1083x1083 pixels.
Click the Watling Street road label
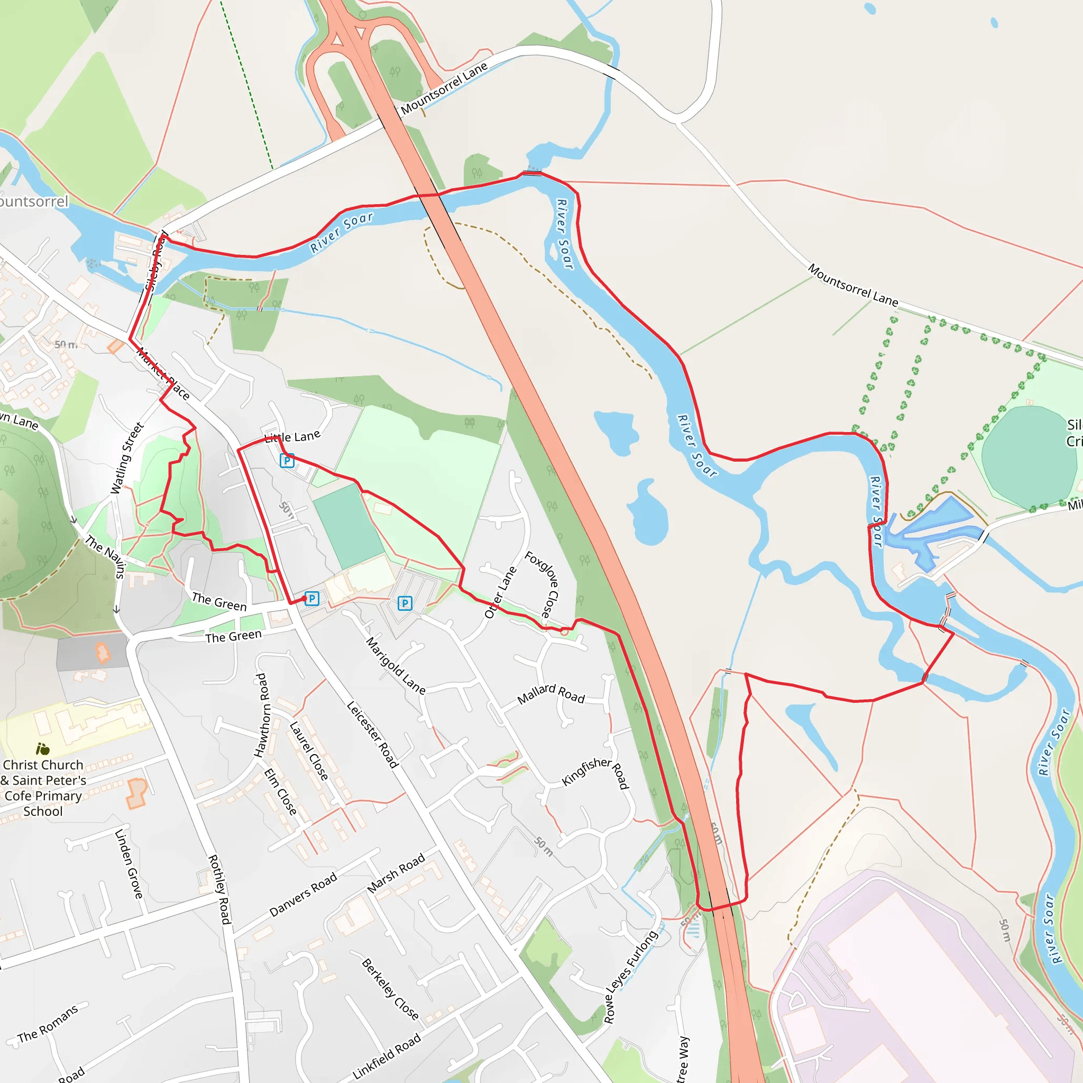coord(127,458)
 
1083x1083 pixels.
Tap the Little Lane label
coord(292,437)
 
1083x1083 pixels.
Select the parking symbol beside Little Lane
coord(287,461)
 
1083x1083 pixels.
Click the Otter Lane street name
coord(500,592)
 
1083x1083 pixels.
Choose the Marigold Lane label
coord(396,665)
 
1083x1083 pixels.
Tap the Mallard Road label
coord(550,694)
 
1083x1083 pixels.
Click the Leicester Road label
coord(373,735)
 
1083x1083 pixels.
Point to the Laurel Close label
coord(309,750)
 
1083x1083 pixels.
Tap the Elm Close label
coord(280,792)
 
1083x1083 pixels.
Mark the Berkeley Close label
coord(390,989)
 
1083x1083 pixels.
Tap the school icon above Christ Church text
coord(43,749)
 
